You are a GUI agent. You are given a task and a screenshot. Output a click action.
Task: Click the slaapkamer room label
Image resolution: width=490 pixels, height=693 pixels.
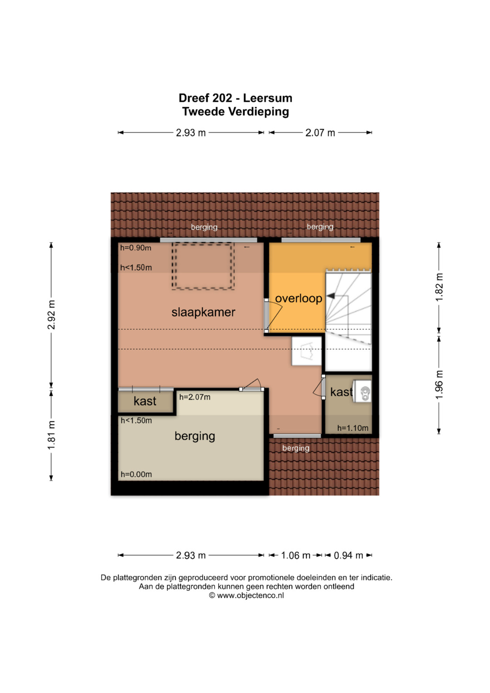click(x=203, y=312)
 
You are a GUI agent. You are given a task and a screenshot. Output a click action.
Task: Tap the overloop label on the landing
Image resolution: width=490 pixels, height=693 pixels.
click(x=299, y=298)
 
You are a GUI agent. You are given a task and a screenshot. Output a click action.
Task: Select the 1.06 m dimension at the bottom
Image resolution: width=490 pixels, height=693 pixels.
click(x=295, y=555)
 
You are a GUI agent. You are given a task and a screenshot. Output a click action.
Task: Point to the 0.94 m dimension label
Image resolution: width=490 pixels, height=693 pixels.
click(x=348, y=555)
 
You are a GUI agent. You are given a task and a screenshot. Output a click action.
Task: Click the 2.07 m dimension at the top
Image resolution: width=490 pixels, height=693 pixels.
click(x=320, y=133)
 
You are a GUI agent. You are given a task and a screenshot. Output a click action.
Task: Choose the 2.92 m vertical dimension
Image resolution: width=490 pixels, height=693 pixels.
click(x=51, y=315)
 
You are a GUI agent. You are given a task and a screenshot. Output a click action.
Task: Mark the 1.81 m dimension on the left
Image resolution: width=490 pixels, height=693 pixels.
click(x=51, y=435)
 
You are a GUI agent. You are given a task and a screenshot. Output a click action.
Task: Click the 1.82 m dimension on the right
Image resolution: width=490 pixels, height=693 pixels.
click(x=439, y=287)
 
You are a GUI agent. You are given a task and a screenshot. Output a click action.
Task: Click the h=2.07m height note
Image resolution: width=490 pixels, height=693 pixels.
click(x=195, y=397)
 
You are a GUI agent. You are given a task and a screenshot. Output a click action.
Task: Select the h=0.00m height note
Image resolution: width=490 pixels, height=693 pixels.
click(x=136, y=474)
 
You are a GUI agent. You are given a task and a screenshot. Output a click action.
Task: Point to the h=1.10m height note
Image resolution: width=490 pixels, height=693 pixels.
click(x=353, y=428)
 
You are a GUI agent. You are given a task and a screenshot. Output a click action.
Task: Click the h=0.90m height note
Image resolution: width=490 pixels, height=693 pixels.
click(x=136, y=248)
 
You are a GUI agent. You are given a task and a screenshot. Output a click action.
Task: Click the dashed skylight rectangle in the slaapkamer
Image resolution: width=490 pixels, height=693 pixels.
click(x=203, y=266)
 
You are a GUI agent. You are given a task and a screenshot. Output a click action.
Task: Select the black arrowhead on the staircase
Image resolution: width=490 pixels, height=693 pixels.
click(x=331, y=296)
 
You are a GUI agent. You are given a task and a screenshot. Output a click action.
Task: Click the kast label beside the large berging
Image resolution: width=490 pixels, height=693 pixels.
click(x=145, y=401)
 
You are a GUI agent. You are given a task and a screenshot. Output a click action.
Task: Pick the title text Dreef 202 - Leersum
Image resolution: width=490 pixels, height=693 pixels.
click(x=235, y=98)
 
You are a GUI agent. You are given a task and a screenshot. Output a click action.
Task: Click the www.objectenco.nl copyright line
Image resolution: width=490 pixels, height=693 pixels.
click(x=246, y=595)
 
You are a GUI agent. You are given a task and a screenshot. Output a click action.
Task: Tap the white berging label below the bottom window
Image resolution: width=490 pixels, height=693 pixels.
click(x=296, y=448)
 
